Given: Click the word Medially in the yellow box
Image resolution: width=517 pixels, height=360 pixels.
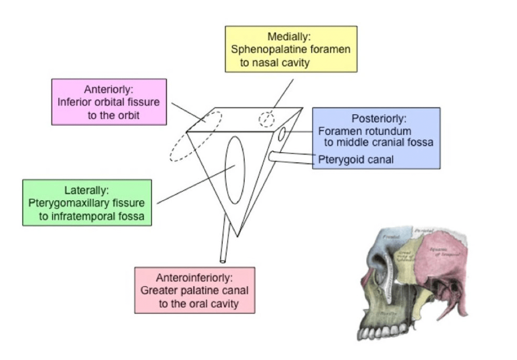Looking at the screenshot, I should pos(290,37).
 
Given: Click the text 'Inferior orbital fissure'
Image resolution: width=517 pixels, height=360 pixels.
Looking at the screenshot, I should pos(109,102).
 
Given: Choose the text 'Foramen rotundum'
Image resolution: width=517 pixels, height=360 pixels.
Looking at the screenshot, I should pos(364,131).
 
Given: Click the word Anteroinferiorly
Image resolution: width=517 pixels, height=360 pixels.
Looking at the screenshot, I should pos(195,278).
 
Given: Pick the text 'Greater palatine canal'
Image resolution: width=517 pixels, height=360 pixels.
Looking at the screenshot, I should pos(195,290).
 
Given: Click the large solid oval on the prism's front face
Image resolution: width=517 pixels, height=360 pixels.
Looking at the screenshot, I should pos(235,171).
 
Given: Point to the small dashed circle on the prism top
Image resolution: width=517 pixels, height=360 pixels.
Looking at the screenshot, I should pos(266,119).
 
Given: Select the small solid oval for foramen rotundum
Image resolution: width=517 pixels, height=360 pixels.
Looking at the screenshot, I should pos(281,135).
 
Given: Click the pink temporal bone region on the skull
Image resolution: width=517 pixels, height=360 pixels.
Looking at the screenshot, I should pos(445,256).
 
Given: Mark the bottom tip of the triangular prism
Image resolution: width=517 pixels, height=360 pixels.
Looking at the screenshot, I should pos(239,236).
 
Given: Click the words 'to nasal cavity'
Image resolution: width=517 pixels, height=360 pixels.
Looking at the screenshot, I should pos(275,62).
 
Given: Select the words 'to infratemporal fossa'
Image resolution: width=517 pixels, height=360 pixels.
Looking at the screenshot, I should pos(92,217).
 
